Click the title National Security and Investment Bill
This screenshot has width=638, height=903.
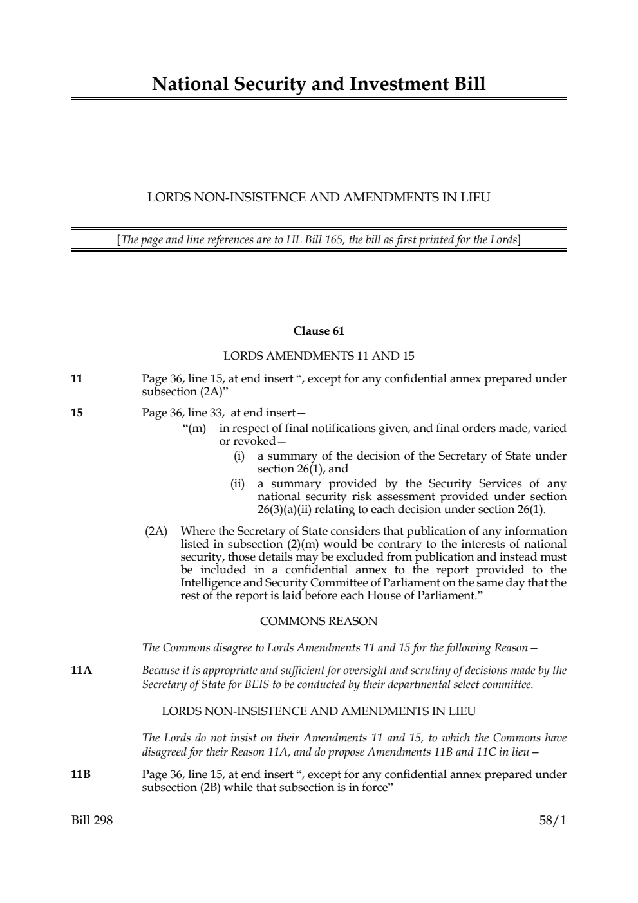click(x=319, y=84)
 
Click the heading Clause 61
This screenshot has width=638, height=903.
click(x=319, y=331)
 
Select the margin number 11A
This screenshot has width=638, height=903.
click(x=81, y=671)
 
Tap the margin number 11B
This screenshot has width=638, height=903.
click(x=80, y=774)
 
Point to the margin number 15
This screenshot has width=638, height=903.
click(x=77, y=413)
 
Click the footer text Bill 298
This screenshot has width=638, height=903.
click(x=91, y=821)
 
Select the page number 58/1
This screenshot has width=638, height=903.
click(x=552, y=821)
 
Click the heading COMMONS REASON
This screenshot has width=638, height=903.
click(x=319, y=621)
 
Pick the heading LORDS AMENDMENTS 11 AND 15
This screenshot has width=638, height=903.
click(x=319, y=355)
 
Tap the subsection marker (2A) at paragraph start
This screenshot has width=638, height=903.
click(x=156, y=532)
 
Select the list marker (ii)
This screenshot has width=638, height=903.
click(x=238, y=483)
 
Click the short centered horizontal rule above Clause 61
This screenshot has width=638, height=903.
click(x=319, y=284)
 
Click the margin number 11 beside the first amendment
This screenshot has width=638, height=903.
click(x=77, y=378)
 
